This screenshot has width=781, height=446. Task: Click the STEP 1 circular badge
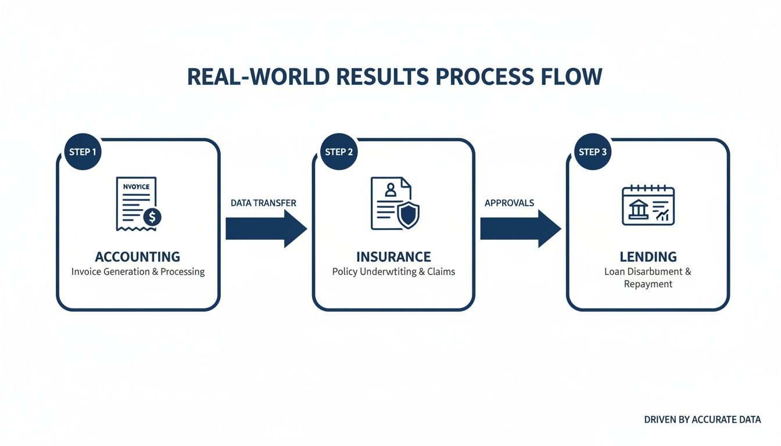[x=83, y=152]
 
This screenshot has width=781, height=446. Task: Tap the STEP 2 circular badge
[x=339, y=152]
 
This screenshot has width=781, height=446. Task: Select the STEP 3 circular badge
[x=593, y=152]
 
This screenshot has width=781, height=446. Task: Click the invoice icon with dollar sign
[x=138, y=204]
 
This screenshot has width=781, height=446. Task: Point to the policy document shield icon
[x=395, y=204]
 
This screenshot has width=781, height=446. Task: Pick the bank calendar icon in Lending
[x=648, y=206]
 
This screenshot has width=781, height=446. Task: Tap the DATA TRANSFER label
[x=263, y=203]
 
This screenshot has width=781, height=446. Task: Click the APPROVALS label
[x=509, y=203]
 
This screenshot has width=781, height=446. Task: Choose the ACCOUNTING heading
[x=138, y=257]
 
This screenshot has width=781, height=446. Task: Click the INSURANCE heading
[x=393, y=257]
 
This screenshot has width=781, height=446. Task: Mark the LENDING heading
[x=648, y=257]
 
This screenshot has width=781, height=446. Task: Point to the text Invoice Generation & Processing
[x=138, y=272]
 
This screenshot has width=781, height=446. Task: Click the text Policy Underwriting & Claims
[x=393, y=272]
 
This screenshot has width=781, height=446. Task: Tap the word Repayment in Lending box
[x=648, y=284]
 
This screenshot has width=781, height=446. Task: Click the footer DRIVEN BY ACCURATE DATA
[x=702, y=419]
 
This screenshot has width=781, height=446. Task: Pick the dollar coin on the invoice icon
[x=152, y=217]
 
